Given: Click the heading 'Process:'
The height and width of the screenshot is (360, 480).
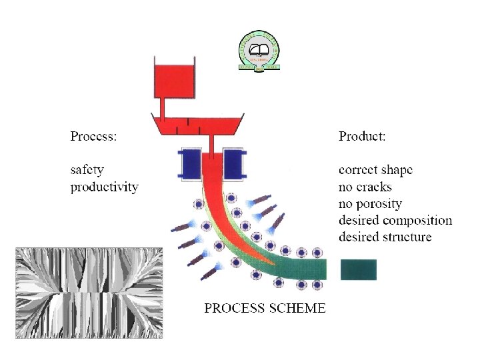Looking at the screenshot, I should [x=94, y=137].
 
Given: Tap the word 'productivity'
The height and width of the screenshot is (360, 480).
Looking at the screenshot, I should [x=105, y=187].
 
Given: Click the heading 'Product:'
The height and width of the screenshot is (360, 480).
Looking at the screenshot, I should [x=362, y=137].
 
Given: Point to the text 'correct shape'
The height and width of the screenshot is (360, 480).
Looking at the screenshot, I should [x=375, y=170].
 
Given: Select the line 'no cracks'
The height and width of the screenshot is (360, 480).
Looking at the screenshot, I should [x=365, y=187].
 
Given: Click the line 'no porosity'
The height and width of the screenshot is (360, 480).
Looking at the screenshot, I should [x=370, y=203].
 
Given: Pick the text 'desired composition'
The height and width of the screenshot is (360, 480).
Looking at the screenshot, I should [x=395, y=220].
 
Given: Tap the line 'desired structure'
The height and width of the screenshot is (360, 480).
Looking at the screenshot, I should [x=385, y=237].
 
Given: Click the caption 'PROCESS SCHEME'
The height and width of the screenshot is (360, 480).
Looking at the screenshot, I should [x=265, y=308].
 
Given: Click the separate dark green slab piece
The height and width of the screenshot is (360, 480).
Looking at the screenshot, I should [x=359, y=269].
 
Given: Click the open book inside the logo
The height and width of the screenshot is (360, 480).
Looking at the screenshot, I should [x=259, y=49].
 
